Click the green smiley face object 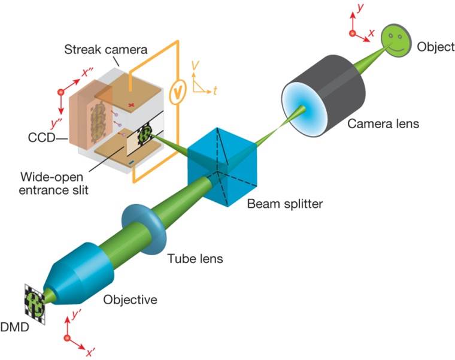click(396, 40)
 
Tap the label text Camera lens click(383, 123)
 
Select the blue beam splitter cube click(222, 167)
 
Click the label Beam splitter click(284, 204)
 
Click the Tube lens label click(195, 258)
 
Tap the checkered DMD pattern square click(35, 304)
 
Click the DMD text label click(14, 327)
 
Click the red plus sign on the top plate click(131, 105)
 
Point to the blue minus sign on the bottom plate click(131, 164)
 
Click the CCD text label click(41, 138)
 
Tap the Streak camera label click(105, 49)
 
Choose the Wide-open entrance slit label click(54, 183)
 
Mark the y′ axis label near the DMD click(76, 314)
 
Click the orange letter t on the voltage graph click(215, 91)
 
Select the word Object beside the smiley click(436, 47)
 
